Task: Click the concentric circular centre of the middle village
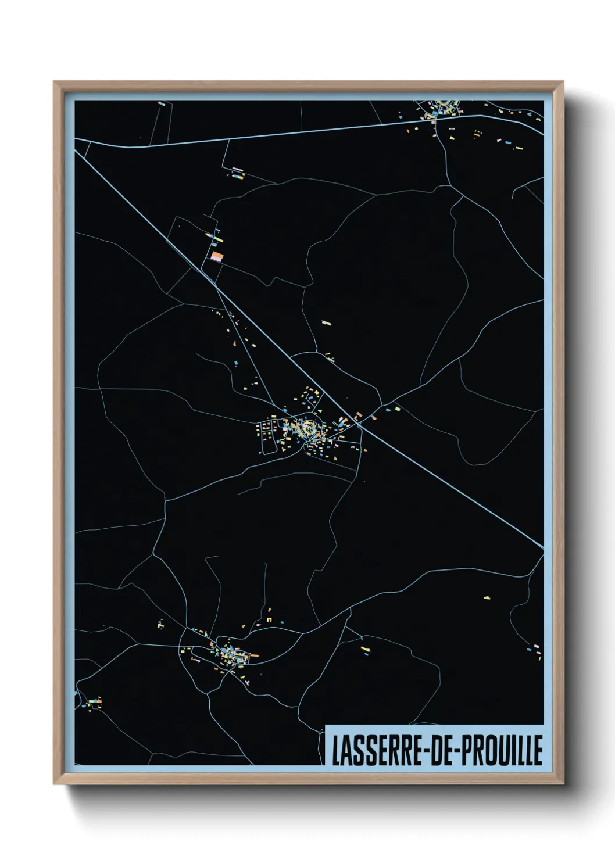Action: pyautogui.click(x=309, y=428)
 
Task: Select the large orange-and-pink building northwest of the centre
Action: pyautogui.click(x=217, y=256)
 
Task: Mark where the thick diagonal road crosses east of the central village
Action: pyautogui.click(x=360, y=425)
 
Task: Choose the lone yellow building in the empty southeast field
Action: pyautogui.click(x=487, y=597)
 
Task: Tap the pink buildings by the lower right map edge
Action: pyautogui.click(x=536, y=647)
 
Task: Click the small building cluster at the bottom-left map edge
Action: pyautogui.click(x=93, y=704)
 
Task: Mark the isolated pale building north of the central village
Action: pyautogui.click(x=326, y=322)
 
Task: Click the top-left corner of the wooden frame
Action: pyautogui.click(x=55, y=83)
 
